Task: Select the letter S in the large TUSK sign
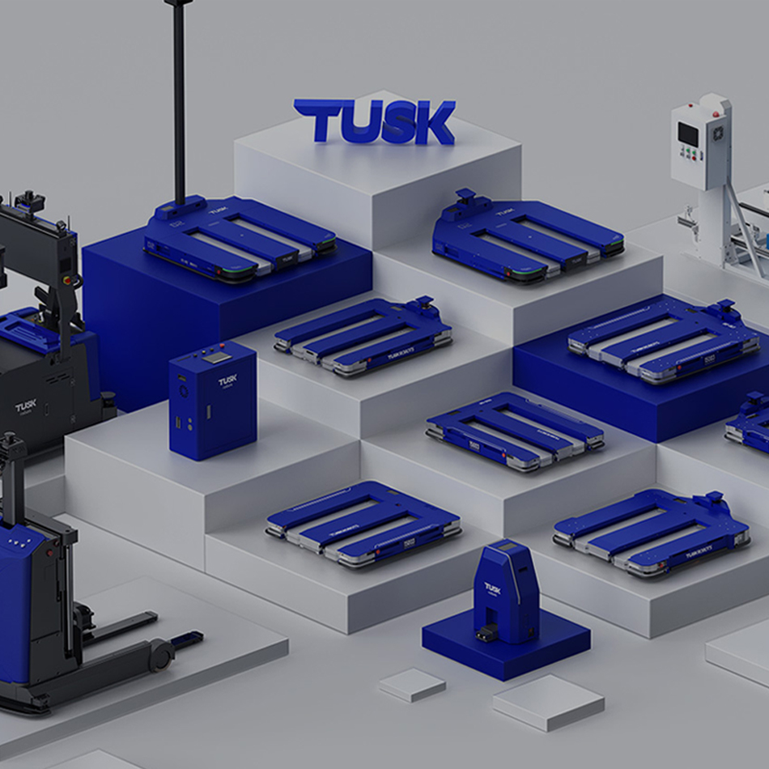coord(397,124)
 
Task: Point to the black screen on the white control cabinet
coord(688,134)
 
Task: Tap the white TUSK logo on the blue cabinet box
coord(227,380)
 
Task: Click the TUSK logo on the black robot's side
coord(25,406)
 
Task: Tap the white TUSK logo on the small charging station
coord(492,588)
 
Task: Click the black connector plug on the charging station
coord(486,632)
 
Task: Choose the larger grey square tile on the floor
coord(548,701)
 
